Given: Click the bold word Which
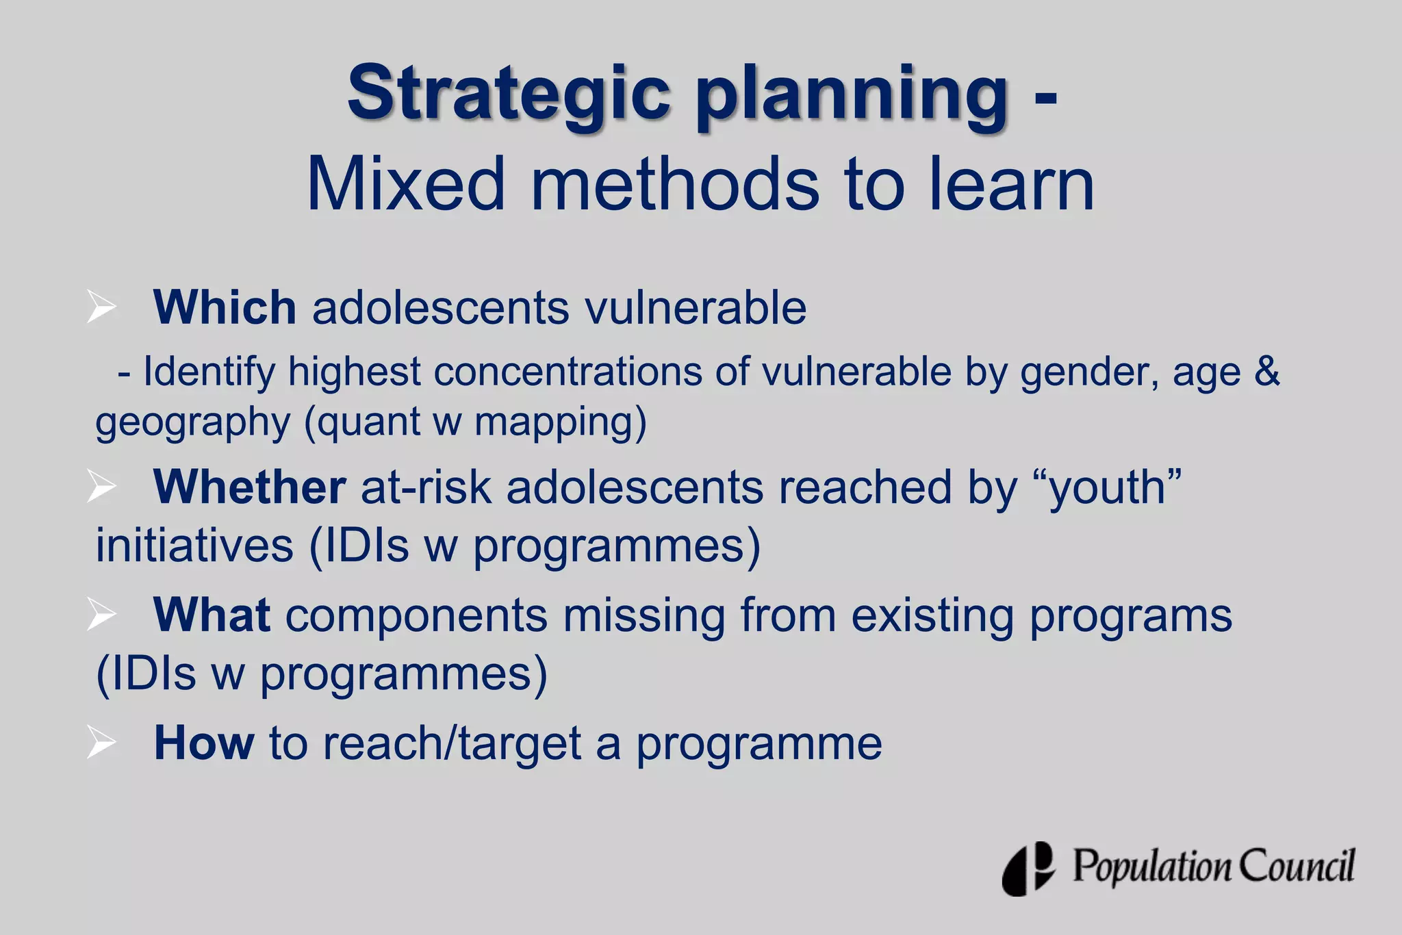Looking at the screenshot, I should [225, 307].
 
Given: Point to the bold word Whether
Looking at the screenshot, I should [249, 487].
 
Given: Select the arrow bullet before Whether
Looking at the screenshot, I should [101, 487].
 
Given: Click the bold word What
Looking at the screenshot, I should [212, 615].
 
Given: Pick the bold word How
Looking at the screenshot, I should [204, 743].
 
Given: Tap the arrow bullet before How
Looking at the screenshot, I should [101, 742].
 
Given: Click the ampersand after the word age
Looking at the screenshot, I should [1267, 372].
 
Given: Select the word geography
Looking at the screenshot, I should [193, 423].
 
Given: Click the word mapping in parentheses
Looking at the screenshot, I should [556, 423].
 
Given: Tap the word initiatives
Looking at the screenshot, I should [194, 546].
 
